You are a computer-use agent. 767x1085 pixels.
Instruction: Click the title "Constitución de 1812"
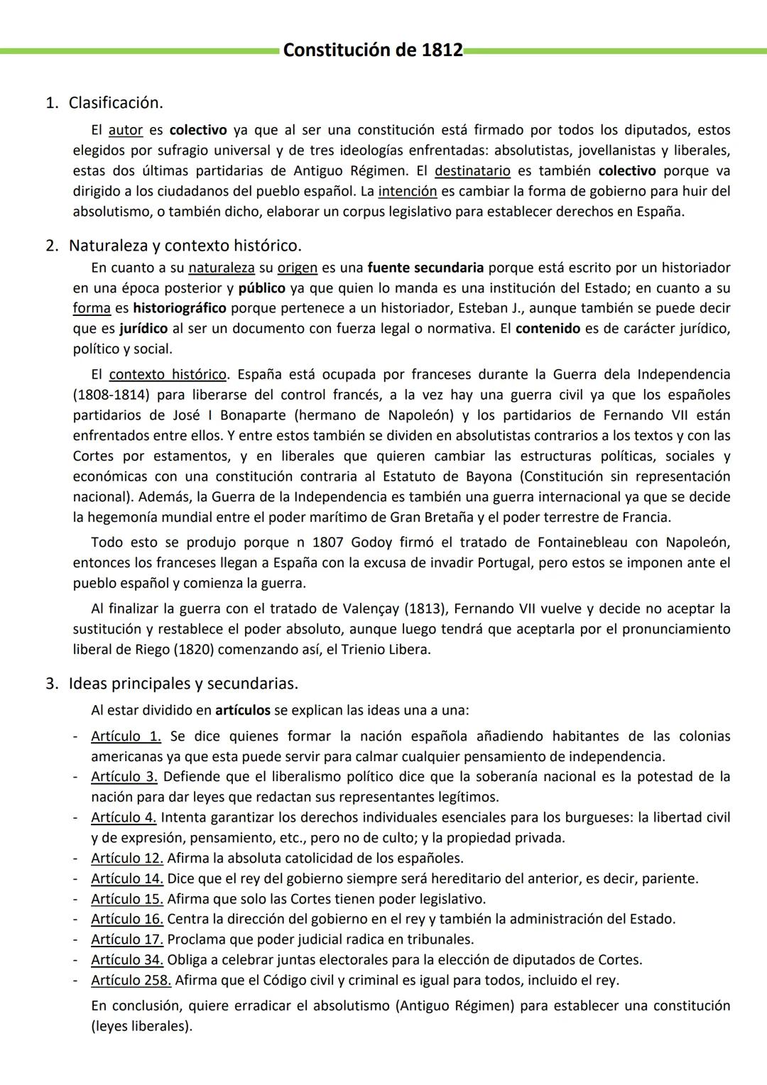(x=372, y=50)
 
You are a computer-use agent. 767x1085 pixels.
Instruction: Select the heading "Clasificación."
(x=115, y=103)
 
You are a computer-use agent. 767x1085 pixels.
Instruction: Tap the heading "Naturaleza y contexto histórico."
(x=185, y=246)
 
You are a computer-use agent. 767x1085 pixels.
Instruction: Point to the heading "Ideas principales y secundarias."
(x=183, y=684)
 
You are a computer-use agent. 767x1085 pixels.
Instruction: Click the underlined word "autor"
(x=126, y=130)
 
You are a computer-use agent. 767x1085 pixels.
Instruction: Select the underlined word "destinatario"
(x=472, y=171)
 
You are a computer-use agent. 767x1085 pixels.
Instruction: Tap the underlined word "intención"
(x=407, y=191)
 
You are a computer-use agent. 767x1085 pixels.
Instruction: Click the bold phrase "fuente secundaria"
(x=425, y=268)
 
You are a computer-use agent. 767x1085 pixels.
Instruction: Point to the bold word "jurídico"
(x=143, y=329)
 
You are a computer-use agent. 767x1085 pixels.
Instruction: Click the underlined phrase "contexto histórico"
(x=168, y=374)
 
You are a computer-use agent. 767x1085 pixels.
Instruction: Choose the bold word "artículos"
(x=242, y=710)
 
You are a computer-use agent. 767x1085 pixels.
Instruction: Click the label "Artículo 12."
(x=127, y=858)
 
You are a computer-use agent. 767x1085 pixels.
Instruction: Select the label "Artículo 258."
(x=131, y=981)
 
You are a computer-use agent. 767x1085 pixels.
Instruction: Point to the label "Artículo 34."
(x=127, y=960)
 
